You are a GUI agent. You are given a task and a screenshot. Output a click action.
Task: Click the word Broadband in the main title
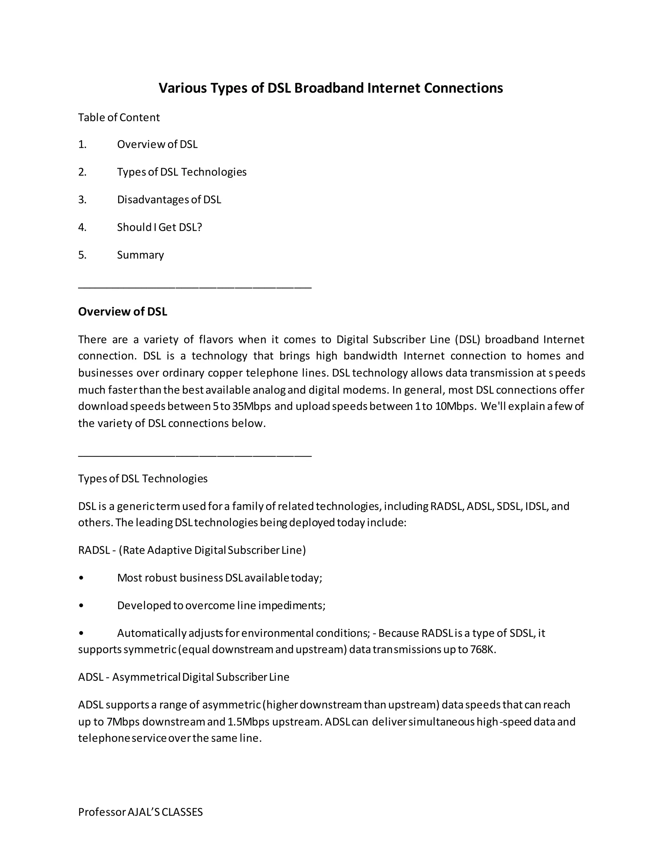329,88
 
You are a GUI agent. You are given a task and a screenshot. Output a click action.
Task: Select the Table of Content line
118,118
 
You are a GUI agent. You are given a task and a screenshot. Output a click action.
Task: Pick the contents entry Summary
140,255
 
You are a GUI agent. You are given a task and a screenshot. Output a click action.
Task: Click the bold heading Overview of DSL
123,311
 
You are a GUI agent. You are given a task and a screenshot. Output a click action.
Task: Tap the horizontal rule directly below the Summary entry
195,288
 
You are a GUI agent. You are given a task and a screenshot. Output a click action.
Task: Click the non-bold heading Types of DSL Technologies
142,479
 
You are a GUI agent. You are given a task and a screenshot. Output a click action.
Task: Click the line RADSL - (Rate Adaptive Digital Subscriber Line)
192,550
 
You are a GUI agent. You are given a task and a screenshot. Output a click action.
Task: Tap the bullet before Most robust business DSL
81,578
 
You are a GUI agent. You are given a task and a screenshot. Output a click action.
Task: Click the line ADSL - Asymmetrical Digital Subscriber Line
184,677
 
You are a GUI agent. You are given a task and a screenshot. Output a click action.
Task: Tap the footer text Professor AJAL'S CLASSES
140,812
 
